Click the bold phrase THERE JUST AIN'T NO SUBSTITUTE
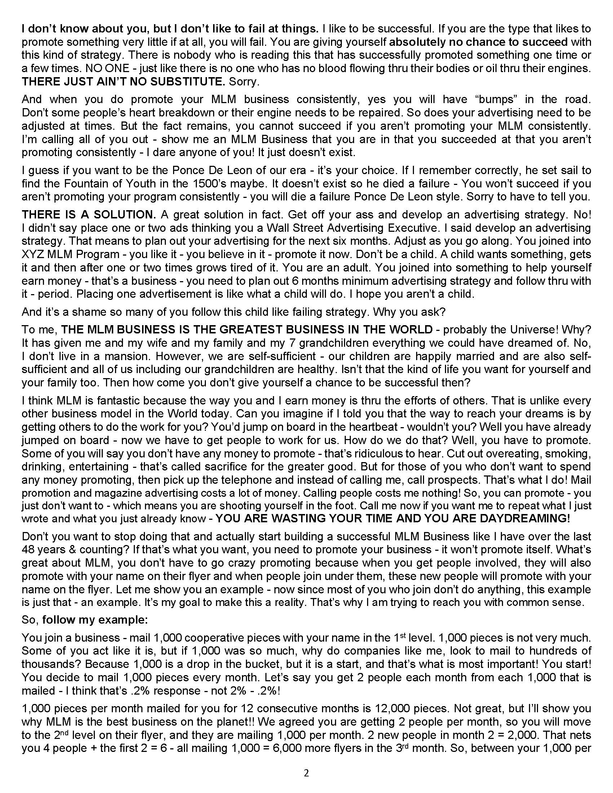coord(123,82)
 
